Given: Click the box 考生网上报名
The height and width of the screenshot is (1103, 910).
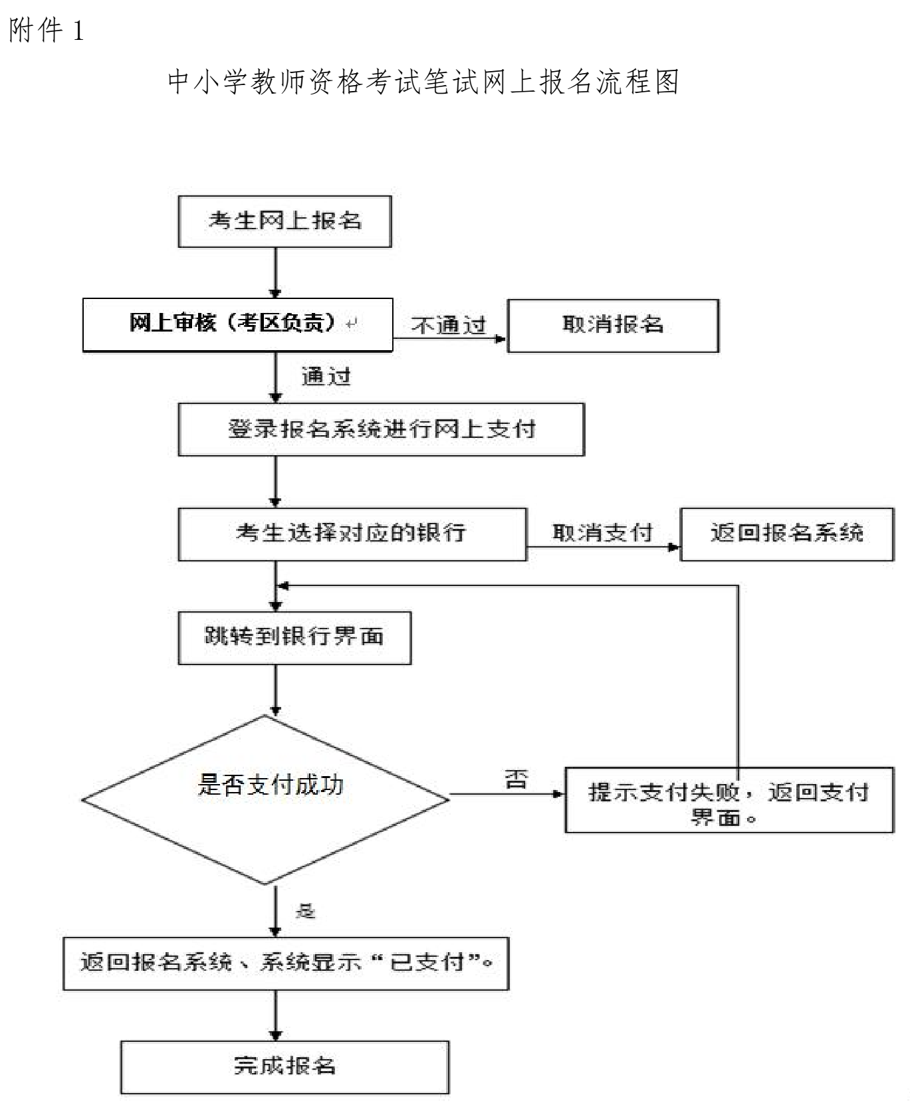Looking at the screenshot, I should point(284,221).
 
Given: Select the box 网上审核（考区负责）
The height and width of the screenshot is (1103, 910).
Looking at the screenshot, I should point(237,324).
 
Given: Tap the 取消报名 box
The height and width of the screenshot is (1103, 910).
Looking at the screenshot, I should point(612,325).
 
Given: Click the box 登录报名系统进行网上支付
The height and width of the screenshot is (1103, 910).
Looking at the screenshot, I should point(381,429).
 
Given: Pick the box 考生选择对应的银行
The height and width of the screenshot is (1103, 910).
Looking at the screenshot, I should point(352,534).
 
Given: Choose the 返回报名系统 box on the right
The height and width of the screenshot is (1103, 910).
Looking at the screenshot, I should point(786,534).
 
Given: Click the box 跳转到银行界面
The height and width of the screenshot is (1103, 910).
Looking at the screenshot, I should point(294,637).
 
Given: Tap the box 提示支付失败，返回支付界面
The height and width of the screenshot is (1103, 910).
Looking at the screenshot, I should point(729,799).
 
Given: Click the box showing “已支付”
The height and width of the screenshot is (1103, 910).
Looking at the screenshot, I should point(286,963).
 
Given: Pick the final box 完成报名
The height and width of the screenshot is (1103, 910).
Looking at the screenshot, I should point(284,1066).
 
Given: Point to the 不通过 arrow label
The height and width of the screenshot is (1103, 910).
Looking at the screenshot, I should point(449,326).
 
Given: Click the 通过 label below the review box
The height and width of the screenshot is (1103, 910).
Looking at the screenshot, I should point(326,377).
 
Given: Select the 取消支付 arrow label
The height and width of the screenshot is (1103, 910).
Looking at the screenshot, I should point(602,533).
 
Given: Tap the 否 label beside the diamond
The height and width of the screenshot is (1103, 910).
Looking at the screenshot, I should point(516,778).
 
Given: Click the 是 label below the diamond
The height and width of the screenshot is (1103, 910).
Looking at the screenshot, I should point(305,911).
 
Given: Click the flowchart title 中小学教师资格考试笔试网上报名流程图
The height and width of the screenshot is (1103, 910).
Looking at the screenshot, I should point(423,82).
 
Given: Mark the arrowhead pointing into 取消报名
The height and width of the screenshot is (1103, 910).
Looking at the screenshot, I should point(501,339).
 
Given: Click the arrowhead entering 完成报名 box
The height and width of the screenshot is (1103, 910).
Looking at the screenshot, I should point(276,1035).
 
